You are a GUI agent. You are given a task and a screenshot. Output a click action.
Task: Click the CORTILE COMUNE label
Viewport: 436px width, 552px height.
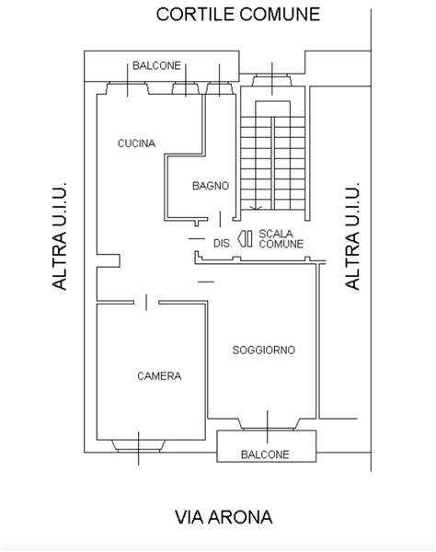(x=238, y=15)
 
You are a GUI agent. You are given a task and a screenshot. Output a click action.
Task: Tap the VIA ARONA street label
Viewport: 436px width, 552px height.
(x=224, y=517)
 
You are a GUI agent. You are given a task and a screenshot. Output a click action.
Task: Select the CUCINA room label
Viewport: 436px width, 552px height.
(x=136, y=144)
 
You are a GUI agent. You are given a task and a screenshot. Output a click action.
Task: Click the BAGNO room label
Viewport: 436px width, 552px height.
(x=211, y=186)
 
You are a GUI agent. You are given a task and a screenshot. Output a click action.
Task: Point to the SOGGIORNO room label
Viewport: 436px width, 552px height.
(x=264, y=350)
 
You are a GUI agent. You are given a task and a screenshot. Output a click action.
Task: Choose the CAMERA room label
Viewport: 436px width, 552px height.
(x=159, y=376)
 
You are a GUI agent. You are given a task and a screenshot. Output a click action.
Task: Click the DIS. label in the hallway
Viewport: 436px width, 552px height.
(x=223, y=243)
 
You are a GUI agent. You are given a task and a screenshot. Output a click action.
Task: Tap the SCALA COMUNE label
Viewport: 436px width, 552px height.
(x=281, y=238)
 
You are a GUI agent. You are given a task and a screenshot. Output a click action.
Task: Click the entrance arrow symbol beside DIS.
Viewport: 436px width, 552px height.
(x=245, y=238)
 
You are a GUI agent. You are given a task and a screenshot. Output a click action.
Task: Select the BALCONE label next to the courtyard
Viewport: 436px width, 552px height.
(x=156, y=65)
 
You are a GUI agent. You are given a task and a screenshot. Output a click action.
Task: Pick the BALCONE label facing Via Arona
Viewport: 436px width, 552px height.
(x=265, y=454)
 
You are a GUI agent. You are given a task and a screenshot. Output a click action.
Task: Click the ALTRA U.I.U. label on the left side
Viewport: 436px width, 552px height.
(x=59, y=236)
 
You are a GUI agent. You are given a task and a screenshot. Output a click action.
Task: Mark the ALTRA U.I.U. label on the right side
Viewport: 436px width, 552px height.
(x=352, y=236)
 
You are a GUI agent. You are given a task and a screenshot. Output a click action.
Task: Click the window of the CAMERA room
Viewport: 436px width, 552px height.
(x=138, y=446)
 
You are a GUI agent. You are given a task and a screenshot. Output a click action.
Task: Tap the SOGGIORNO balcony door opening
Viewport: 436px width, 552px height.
(x=268, y=424)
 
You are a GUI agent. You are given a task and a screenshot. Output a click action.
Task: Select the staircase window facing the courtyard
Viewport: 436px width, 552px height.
(x=272, y=80)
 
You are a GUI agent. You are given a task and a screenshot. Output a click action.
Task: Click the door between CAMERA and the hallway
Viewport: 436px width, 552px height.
(x=146, y=302)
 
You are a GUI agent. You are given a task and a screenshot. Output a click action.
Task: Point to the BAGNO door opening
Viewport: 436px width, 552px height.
(x=220, y=219)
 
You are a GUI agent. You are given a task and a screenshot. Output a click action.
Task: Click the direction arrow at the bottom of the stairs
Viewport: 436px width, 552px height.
(x=256, y=208)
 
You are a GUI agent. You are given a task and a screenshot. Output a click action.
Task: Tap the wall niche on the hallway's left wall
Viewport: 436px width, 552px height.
(x=109, y=260)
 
